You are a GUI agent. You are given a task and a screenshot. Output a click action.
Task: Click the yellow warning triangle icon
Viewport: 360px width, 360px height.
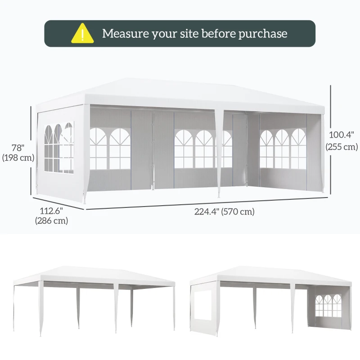(x=82, y=33)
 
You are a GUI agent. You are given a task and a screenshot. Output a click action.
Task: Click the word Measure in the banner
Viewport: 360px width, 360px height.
(x=126, y=33)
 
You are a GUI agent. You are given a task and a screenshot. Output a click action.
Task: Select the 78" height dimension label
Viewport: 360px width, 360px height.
(x=18, y=148)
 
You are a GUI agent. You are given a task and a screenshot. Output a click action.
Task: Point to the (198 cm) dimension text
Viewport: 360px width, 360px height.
(x=18, y=158)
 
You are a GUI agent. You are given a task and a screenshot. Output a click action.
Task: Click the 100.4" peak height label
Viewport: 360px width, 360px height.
(x=342, y=135)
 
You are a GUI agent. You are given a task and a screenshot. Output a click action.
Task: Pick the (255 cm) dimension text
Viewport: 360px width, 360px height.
(x=342, y=147)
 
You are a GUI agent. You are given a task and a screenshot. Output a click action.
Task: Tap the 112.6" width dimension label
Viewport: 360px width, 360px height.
(x=51, y=211)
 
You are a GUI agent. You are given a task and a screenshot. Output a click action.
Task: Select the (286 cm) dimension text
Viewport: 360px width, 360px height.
(x=51, y=220)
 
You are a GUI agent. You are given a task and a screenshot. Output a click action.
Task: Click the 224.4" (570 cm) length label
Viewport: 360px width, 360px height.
(x=224, y=211)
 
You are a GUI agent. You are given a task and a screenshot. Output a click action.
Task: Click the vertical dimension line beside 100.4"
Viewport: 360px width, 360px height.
(x=331, y=140)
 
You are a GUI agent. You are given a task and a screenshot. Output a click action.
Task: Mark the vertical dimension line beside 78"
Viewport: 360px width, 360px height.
(x=31, y=151)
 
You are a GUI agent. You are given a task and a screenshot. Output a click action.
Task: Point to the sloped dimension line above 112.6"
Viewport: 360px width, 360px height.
(x=58, y=203)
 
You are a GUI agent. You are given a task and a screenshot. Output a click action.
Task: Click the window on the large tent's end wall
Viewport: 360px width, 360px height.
(x=59, y=147)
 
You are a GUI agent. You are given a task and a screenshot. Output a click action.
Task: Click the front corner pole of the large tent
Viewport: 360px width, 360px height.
(x=86, y=154)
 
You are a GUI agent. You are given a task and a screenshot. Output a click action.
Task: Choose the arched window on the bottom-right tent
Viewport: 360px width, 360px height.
(x=328, y=306)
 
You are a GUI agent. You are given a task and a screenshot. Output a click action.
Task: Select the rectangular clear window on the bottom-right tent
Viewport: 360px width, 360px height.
(x=203, y=305)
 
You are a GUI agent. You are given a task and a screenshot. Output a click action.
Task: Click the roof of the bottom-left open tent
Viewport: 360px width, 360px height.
(x=94, y=276)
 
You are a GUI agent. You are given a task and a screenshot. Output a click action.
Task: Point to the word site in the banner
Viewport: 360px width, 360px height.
(x=189, y=33)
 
